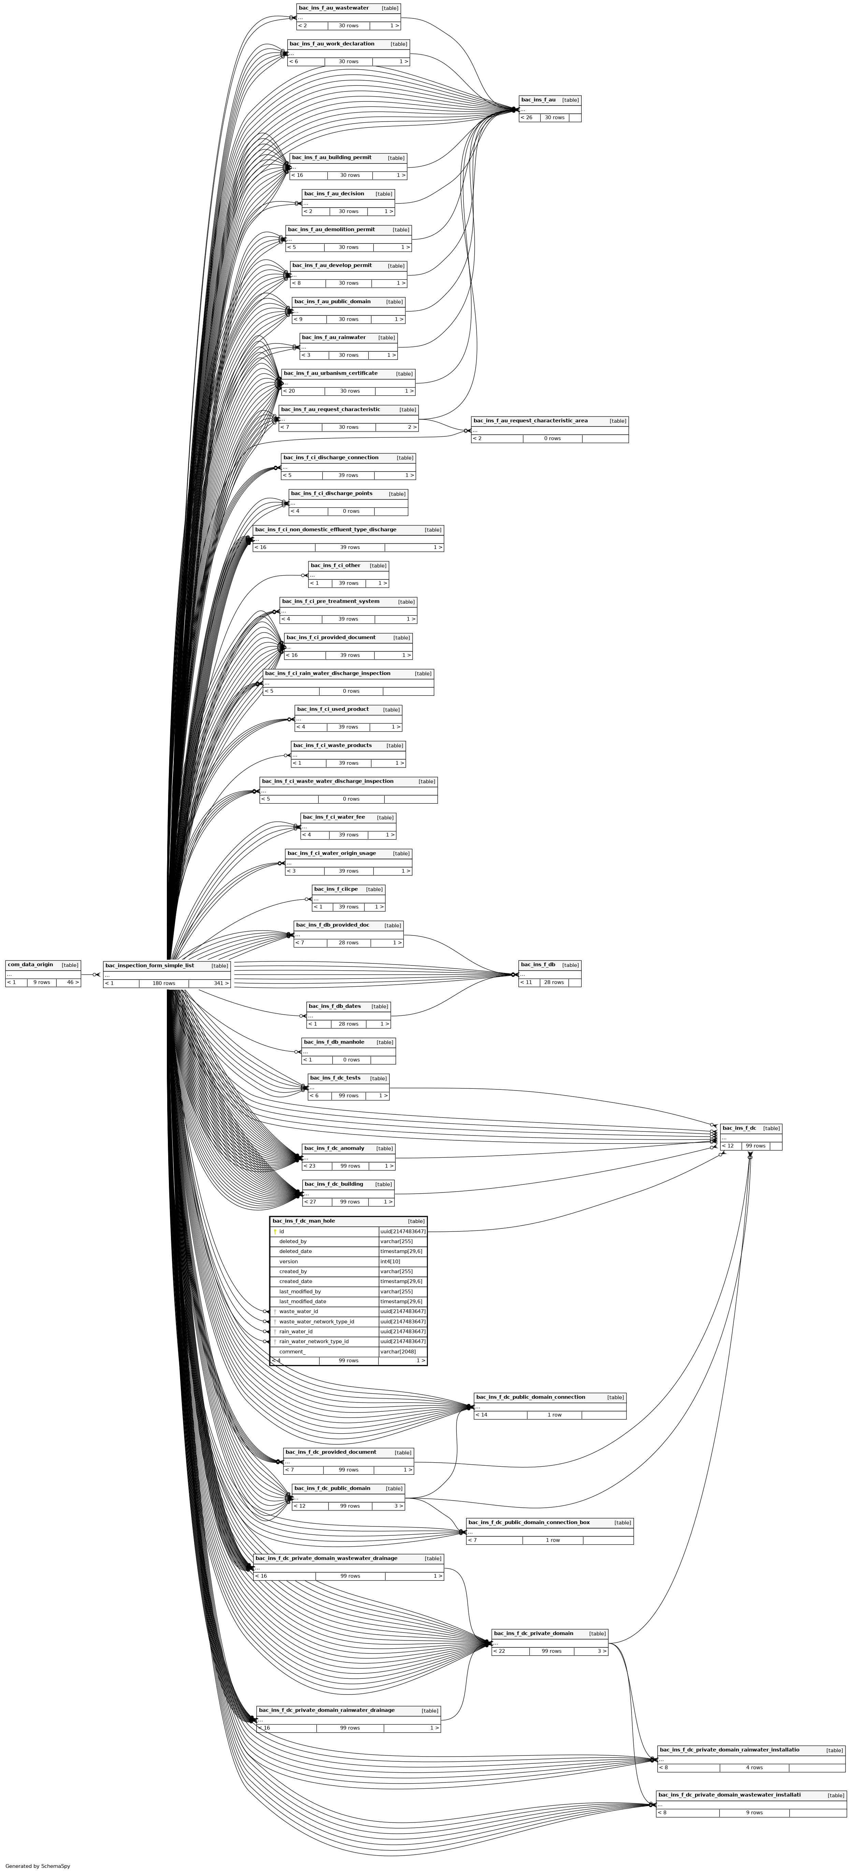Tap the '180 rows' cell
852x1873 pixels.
163,983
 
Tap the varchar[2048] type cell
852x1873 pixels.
398,1352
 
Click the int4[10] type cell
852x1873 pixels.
390,1262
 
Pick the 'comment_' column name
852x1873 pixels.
292,1352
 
